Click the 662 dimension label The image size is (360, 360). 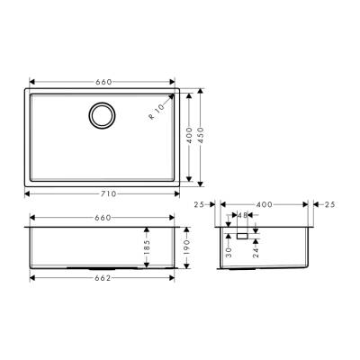click(103, 277)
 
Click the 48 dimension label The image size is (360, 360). click(243, 216)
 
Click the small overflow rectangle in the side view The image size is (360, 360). click(242, 236)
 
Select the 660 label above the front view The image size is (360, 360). click(103, 217)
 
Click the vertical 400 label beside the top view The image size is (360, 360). click(188, 134)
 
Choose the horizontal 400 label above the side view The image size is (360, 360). click(265, 205)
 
